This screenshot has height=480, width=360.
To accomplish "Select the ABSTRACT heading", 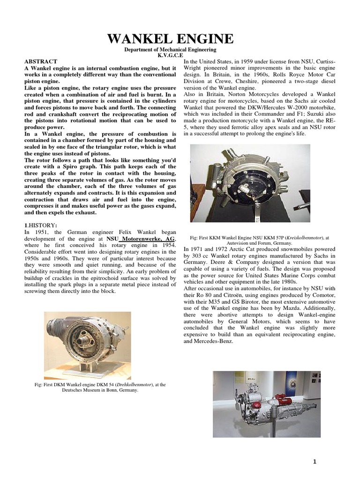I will coord(40,61).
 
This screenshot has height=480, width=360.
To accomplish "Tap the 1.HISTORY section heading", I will coord(40,225).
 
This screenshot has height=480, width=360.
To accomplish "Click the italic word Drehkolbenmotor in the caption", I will coord(126,385).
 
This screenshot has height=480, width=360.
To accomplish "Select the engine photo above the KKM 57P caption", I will coord(249,183).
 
